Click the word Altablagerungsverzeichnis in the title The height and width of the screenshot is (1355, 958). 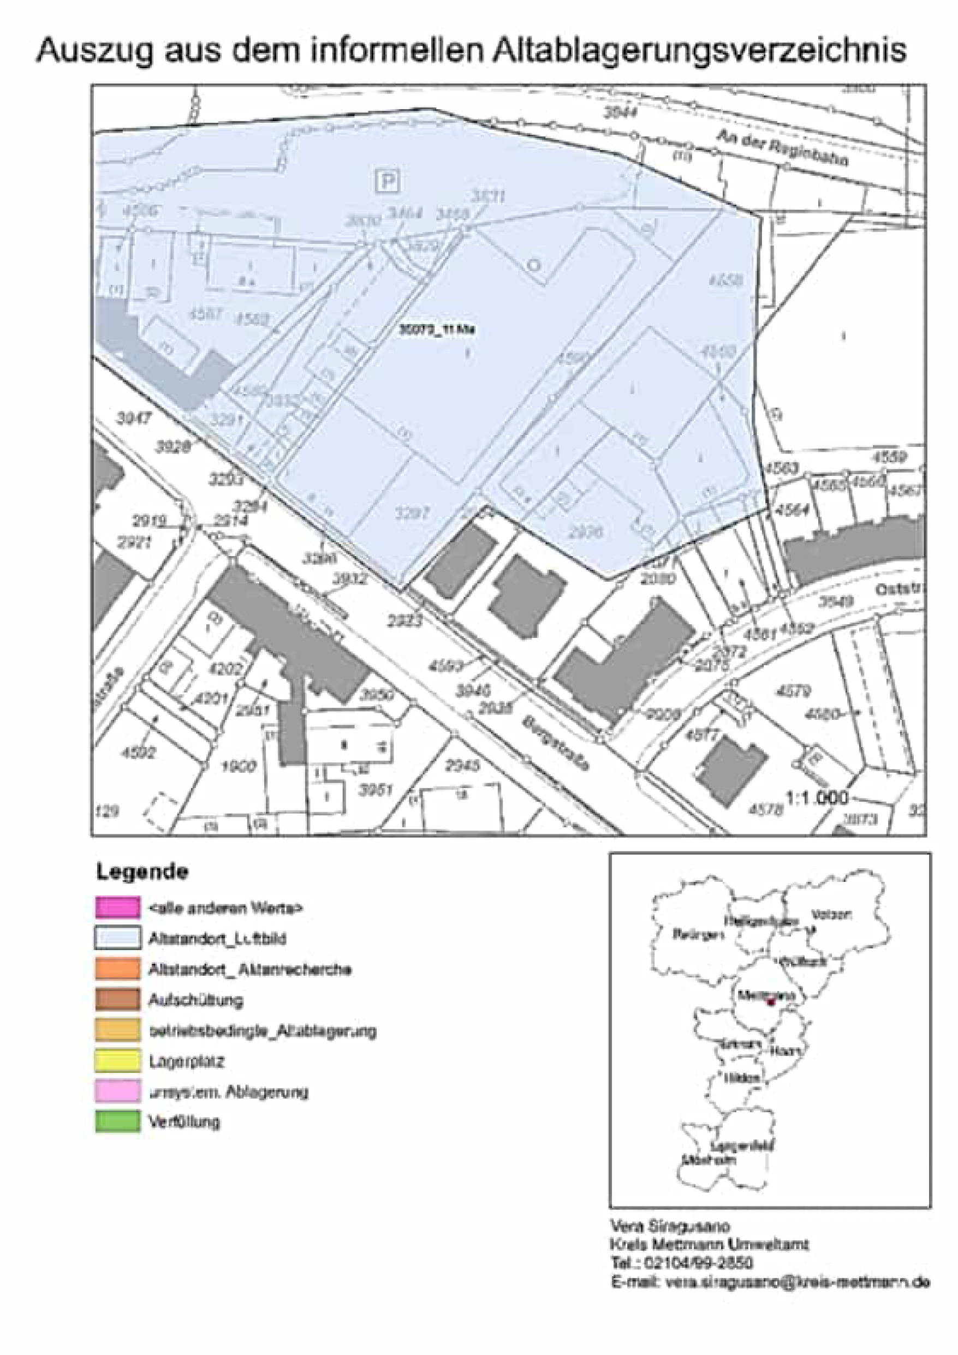point(699,51)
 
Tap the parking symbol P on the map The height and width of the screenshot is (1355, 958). point(387,180)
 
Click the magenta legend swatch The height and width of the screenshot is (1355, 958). point(117,907)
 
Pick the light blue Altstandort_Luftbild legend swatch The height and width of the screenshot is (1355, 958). point(117,938)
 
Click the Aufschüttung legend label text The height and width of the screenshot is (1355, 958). point(195,1000)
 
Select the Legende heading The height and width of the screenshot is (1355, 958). point(142,872)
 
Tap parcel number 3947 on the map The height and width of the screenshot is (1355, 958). point(134,419)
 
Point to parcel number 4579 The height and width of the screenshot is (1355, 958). point(794,690)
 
